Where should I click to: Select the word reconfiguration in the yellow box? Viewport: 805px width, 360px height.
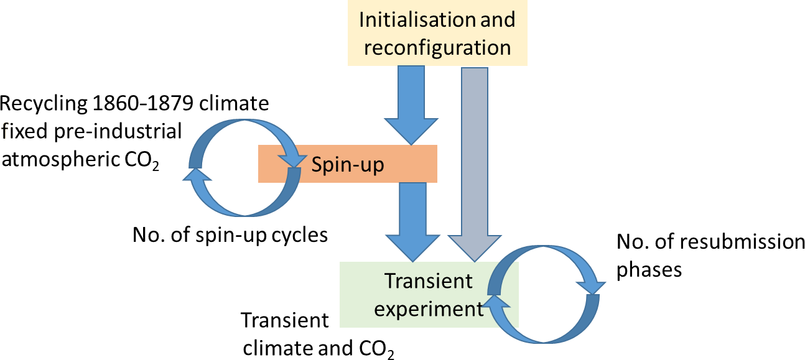437,48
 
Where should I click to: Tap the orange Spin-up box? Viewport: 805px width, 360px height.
347,164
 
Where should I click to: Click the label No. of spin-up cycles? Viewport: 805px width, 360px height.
230,236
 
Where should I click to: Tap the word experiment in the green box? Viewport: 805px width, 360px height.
429,308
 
